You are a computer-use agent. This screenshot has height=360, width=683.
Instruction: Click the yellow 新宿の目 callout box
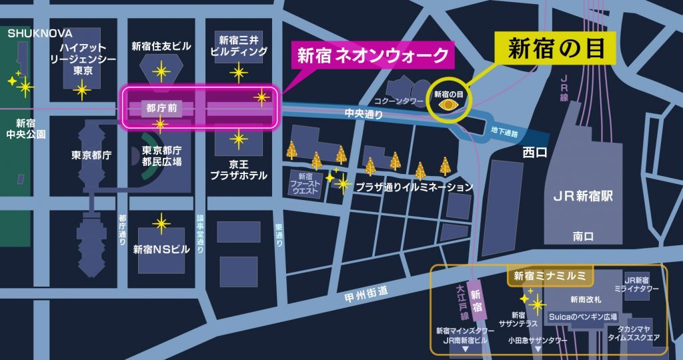pos(556,49)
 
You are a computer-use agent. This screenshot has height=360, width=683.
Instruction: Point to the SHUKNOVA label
pos(39,33)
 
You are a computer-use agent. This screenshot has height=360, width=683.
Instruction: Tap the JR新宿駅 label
pos(582,197)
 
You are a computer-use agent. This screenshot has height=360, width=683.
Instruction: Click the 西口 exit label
pos(535,153)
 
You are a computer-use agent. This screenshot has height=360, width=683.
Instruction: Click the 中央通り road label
pos(364,114)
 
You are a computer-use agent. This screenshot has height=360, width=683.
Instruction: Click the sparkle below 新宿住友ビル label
pos(160,70)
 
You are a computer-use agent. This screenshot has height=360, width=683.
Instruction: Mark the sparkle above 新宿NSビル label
pos(160,224)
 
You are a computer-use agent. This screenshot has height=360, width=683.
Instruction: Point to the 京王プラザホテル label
pos(239,169)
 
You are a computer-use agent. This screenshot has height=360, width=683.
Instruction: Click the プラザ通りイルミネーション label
pos(414,187)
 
